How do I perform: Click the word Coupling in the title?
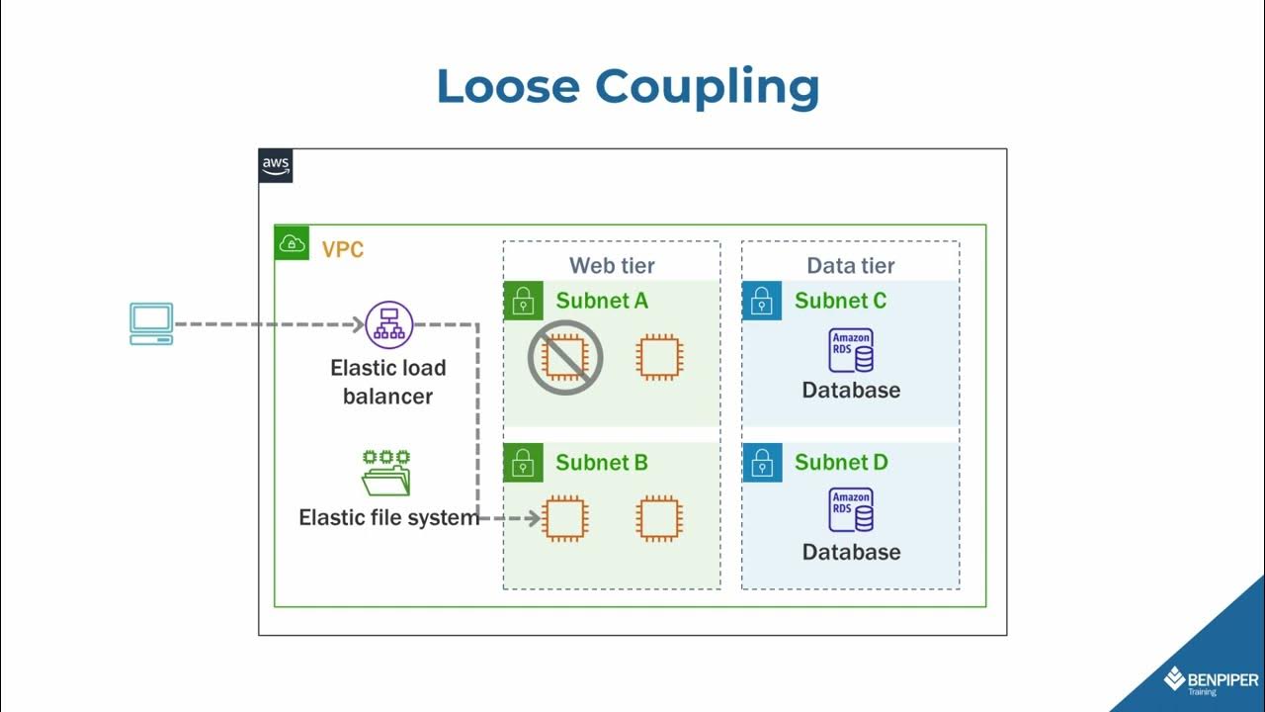point(707,88)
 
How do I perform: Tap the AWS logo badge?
point(276,166)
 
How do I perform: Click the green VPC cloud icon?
point(292,243)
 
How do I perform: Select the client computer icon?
point(151,323)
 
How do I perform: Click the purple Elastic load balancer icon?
point(388,324)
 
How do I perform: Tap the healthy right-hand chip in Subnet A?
point(659,357)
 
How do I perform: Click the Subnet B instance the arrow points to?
point(565,518)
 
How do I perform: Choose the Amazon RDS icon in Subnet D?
point(851,511)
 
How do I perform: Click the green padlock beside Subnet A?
point(523,301)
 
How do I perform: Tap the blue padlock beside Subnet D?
point(762,463)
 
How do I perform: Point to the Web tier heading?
point(612,265)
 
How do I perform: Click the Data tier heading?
point(851,265)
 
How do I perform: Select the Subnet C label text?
point(840,301)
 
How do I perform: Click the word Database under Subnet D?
point(851,552)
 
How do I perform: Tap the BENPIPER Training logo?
point(1211,681)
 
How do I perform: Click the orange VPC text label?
point(343,249)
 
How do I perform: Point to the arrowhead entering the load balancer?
point(360,324)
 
